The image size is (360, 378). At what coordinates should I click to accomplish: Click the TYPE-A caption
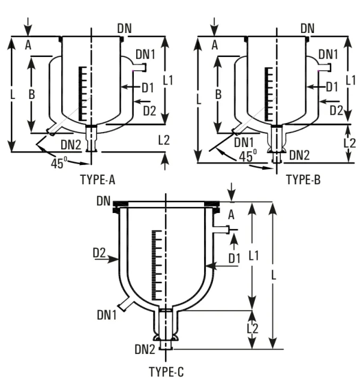[101, 179]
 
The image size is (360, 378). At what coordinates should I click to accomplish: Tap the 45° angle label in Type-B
[248, 155]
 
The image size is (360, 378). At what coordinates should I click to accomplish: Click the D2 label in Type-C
[100, 256]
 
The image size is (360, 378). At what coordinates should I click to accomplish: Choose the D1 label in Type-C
[235, 257]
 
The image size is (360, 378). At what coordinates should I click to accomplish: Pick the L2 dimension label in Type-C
[253, 329]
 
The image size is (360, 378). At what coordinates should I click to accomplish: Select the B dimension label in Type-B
[219, 94]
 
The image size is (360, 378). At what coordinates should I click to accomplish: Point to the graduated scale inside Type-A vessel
[82, 94]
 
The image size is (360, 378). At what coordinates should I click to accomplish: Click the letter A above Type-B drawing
[214, 43]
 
